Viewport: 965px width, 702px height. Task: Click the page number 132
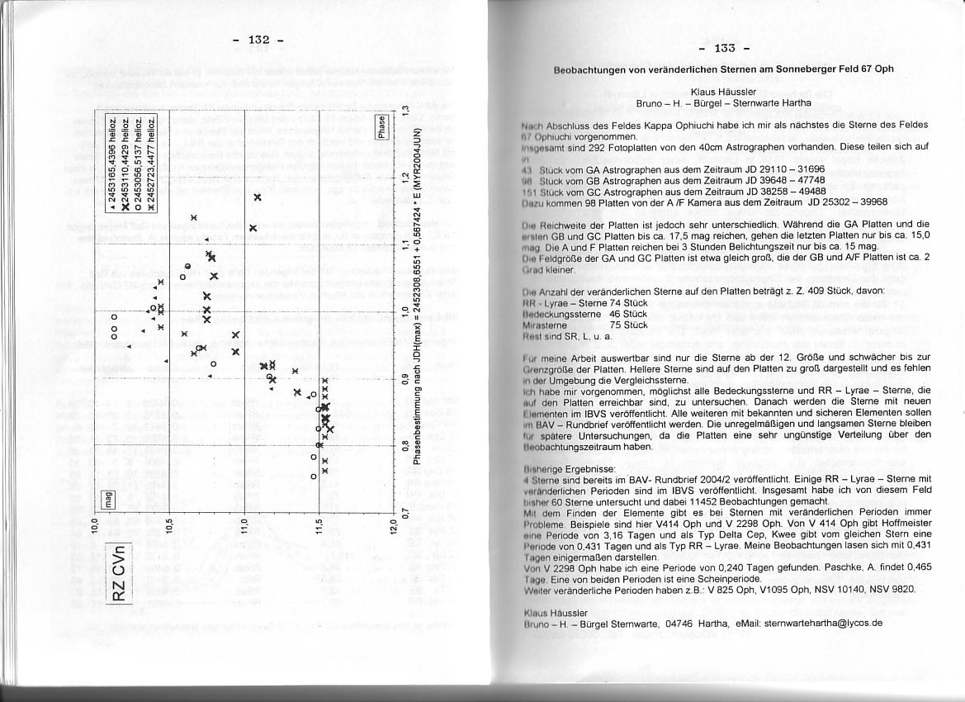pos(259,40)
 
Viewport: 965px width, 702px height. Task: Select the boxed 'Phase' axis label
pos(381,126)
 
